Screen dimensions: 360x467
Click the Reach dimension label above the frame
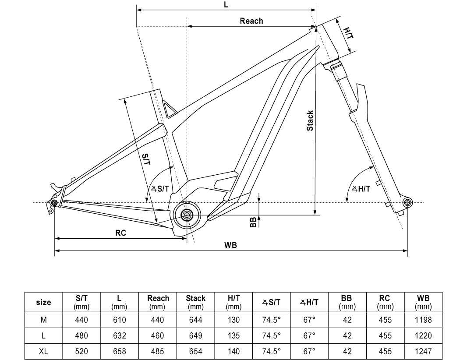point(251,21)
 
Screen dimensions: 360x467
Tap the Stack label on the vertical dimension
point(310,120)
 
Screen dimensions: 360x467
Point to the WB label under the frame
point(231,245)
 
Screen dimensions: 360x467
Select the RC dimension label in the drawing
point(121,233)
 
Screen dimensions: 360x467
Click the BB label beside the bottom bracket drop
point(253,223)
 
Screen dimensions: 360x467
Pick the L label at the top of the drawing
point(226,5)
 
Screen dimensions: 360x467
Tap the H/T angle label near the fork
point(361,189)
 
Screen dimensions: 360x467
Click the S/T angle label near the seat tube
point(161,189)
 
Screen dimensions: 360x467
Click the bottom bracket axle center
point(187,215)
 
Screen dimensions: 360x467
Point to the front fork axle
point(407,202)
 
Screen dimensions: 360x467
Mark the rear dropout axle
point(54,203)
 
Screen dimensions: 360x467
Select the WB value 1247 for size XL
point(423,351)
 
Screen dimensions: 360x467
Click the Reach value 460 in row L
point(157,335)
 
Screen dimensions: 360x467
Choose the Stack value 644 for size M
point(195,320)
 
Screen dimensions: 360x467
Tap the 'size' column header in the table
point(43,302)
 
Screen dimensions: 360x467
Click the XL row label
point(43,351)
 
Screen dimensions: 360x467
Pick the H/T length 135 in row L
point(234,335)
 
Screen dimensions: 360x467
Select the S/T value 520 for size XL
point(82,351)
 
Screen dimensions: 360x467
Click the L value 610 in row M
point(120,320)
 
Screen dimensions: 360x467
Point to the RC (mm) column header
point(385,302)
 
